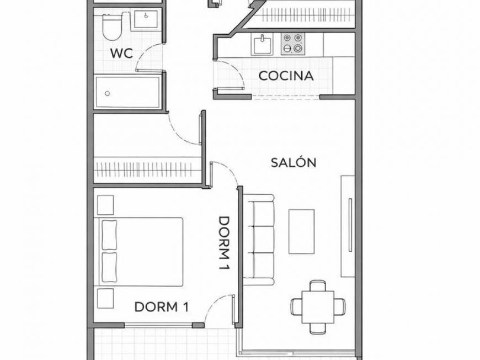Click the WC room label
pyautogui.click(x=121, y=54)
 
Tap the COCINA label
pyautogui.click(x=286, y=76)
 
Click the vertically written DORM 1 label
pyautogui.click(x=224, y=243)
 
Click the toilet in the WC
pyautogui.click(x=113, y=28)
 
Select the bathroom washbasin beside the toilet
pyautogui.click(x=145, y=22)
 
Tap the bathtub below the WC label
pyautogui.click(x=127, y=92)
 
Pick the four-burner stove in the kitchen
pyautogui.click(x=292, y=44)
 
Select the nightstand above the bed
pyautogui.click(x=105, y=205)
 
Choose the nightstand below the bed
pyautogui.click(x=105, y=298)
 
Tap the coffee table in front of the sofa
pyautogui.click(x=301, y=231)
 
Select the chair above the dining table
pyautogui.click(x=317, y=285)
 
